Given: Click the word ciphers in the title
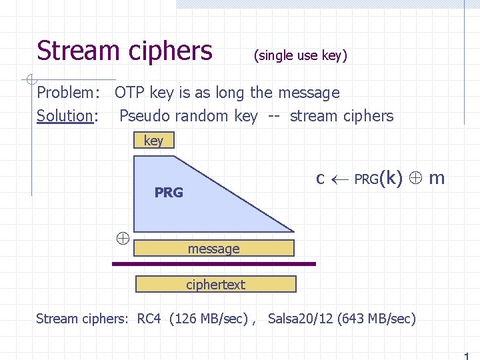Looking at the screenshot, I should [170, 51].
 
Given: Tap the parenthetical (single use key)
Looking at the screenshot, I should [301, 56].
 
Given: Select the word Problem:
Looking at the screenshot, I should [69, 93].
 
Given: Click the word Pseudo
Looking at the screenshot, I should [143, 116].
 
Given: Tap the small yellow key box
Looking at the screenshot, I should [153, 140].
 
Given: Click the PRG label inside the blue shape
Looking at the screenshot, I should [169, 193].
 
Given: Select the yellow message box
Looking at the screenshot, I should [214, 249].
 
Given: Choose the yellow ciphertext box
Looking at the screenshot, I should [215, 285].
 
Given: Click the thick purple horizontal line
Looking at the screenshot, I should [213, 264].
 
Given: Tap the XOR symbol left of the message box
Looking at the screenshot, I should [123, 237].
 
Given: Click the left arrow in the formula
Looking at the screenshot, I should [339, 179].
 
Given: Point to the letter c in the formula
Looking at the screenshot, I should [320, 179].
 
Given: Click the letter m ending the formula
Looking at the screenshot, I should [437, 179].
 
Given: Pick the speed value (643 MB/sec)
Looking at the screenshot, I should [377, 319].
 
